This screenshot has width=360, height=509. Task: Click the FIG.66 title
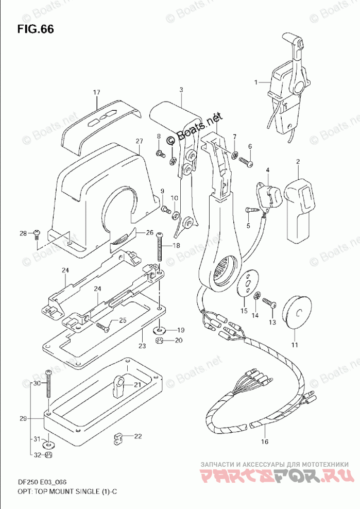click(x=35, y=29)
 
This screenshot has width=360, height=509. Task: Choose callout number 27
click(x=139, y=141)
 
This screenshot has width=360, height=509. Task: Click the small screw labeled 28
click(x=36, y=234)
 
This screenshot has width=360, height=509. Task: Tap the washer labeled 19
click(x=161, y=329)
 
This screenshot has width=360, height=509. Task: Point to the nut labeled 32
click(x=48, y=455)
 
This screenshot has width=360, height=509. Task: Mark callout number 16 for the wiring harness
click(x=265, y=442)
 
